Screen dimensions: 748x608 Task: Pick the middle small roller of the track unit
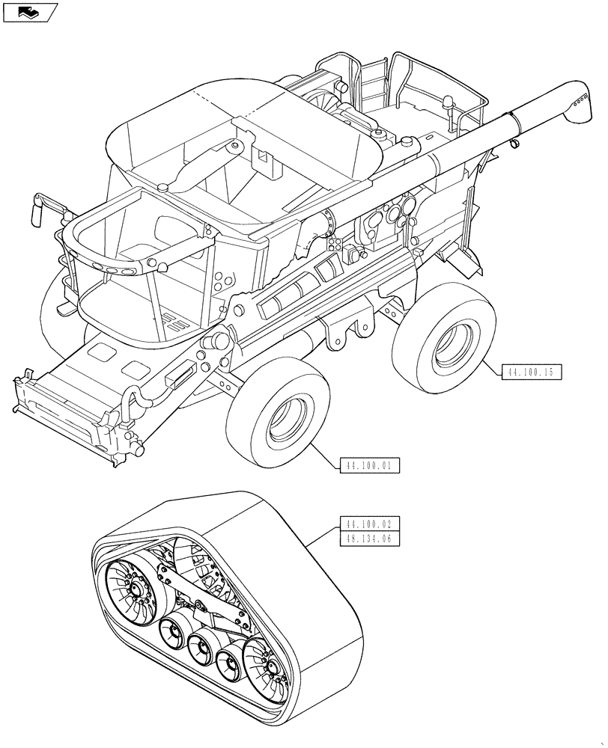pyautogui.click(x=203, y=644)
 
